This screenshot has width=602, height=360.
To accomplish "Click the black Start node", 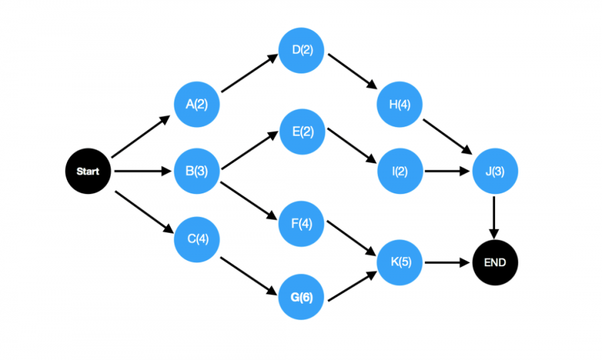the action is click(88, 171).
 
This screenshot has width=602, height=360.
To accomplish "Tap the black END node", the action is click(495, 262).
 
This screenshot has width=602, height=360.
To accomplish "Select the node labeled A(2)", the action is click(197, 104).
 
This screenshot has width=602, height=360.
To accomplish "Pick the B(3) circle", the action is click(197, 171).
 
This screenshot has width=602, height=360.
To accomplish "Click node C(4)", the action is click(197, 240).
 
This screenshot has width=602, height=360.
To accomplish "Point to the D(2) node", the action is click(302, 50).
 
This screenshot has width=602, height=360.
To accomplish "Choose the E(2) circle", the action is click(302, 132).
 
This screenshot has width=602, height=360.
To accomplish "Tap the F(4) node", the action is click(302, 223).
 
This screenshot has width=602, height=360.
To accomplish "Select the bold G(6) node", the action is click(302, 296).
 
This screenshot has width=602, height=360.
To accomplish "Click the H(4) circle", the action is click(399, 104).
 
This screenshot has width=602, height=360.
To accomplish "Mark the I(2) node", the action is click(400, 171).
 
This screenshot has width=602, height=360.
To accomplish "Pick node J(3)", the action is click(495, 171).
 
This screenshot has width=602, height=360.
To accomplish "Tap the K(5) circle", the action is click(400, 262).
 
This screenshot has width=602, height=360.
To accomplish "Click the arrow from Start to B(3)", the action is click(143, 171).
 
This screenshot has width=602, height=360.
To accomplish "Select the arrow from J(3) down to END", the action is click(494, 217).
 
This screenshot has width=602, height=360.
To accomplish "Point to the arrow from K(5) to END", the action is click(447, 263).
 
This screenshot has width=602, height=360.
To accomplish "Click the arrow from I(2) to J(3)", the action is click(447, 171).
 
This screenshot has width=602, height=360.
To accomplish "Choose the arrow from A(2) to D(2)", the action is click(249, 73).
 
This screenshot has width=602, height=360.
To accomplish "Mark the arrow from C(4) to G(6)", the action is click(249, 276).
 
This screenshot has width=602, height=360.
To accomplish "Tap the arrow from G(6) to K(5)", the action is click(353, 286).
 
